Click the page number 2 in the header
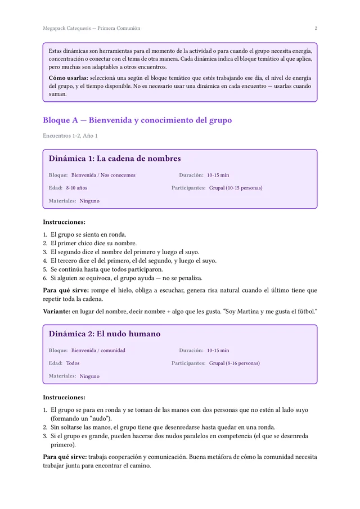tap(316, 28)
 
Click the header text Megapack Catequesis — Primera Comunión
tap(91, 28)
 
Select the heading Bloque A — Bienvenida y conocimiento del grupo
tap(137, 120)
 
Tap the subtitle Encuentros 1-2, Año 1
tap(70, 136)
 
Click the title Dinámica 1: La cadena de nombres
tap(115, 159)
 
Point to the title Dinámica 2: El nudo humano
tap(105, 334)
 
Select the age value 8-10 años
tap(76, 188)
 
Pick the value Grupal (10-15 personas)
tap(236, 188)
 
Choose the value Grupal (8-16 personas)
tap(235, 363)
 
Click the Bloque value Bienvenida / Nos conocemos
tap(103, 175)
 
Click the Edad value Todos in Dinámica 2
tap(73, 363)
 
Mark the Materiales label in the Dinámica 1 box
tap(62, 201)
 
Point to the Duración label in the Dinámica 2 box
tap(191, 350)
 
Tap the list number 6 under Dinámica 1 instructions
tap(45, 278)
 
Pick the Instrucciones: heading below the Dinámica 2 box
tap(64, 397)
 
